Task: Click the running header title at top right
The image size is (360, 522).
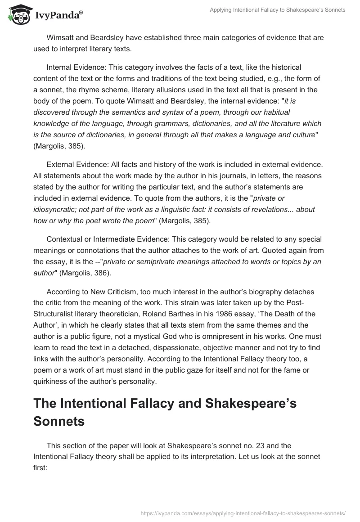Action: (278, 10)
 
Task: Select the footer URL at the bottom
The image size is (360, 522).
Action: (243, 513)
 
